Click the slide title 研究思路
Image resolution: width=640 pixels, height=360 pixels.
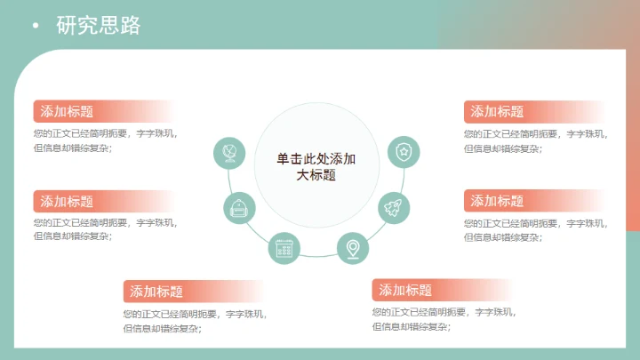[x=98, y=26]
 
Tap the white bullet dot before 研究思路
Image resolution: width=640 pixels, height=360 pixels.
[x=36, y=26]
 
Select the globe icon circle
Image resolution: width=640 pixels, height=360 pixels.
[x=229, y=152]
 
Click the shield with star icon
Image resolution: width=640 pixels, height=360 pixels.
[x=404, y=152]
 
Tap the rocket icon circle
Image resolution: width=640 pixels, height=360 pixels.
[x=394, y=208]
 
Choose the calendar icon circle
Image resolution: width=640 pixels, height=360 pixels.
[x=284, y=248]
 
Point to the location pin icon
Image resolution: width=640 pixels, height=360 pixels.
[x=353, y=247]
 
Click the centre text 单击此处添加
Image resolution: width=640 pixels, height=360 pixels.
[x=316, y=159]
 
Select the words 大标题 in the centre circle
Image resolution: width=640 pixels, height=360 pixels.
[x=316, y=175]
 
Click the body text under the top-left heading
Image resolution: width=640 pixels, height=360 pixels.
[x=105, y=141]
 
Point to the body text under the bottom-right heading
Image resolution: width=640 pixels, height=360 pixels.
[x=443, y=320]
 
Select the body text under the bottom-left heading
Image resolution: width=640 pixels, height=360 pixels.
[x=194, y=321]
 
